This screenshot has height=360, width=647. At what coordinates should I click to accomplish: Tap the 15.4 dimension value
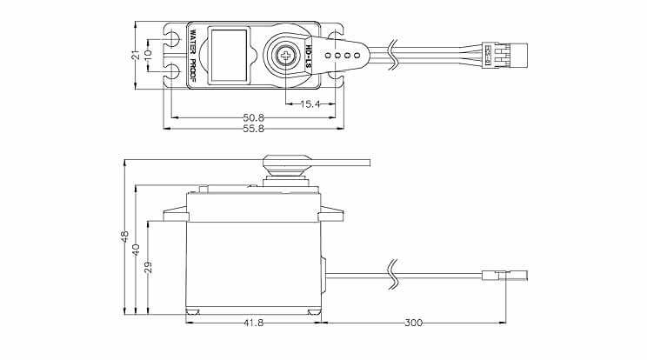pyautogui.click(x=310, y=103)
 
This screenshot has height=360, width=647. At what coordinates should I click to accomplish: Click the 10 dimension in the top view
pyautogui.click(x=148, y=55)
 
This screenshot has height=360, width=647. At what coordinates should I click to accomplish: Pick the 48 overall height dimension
pyautogui.click(x=124, y=237)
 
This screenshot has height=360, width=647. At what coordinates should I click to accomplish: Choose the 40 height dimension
pyautogui.click(x=136, y=250)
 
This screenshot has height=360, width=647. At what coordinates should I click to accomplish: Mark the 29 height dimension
pyautogui.click(x=148, y=267)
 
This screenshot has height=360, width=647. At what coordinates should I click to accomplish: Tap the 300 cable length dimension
pyautogui.click(x=413, y=323)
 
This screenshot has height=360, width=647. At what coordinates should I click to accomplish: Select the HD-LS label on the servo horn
pyautogui.click(x=309, y=55)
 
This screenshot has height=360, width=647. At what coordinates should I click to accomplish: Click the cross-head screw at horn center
pyautogui.click(x=285, y=56)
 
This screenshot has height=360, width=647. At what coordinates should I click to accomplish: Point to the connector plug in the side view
pyautogui.click(x=504, y=277)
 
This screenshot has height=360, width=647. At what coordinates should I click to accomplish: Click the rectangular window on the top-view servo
pyautogui.click(x=230, y=55)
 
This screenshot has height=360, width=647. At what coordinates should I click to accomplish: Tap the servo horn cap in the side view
pyautogui.click(x=286, y=164)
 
